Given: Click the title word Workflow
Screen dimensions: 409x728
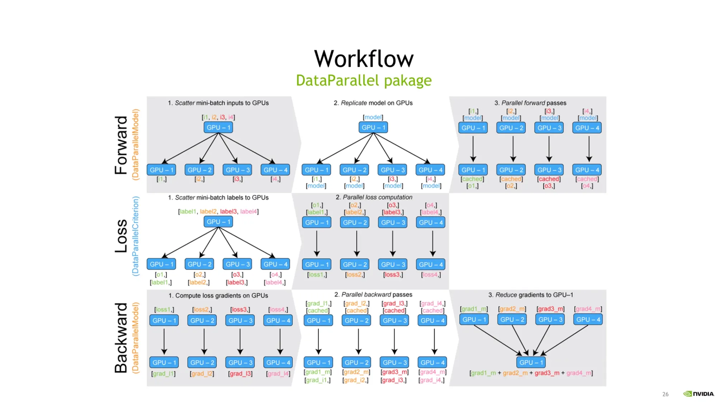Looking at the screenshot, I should coord(364,59).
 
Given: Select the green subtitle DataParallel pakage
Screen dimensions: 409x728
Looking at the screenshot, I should coord(364,80).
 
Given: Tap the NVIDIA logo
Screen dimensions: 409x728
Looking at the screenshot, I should coord(699,394).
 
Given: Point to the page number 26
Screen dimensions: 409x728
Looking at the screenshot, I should coord(665,394).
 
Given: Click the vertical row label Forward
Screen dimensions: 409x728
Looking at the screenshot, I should coord(121,145).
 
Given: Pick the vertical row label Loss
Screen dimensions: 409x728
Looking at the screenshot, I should coord(121,236).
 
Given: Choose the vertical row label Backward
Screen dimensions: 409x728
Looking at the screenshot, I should coord(121,338).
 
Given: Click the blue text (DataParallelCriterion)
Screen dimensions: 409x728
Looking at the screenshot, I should coord(136,236).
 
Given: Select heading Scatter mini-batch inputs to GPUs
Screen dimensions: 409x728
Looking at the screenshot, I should coord(218,103).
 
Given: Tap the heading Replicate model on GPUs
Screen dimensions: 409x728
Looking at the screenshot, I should coord(373,103).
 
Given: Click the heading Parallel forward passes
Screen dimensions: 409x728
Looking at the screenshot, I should coord(530,103).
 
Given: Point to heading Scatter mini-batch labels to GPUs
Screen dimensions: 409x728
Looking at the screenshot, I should coord(218,198).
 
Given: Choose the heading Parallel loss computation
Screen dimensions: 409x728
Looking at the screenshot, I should coord(374,197).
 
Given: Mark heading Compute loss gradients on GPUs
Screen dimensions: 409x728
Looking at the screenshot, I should coord(218,296).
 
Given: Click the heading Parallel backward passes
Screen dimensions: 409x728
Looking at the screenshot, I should coord(373,295).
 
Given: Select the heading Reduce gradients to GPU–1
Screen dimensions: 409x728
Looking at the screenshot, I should coord(530,295).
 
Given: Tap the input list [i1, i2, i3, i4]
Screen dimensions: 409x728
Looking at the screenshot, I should coord(218,117).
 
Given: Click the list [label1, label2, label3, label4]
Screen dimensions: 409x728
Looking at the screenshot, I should coord(218,212).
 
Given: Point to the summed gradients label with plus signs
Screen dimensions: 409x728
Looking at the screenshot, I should coord(531,373).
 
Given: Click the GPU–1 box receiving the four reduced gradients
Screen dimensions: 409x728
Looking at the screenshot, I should coord(531,362).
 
